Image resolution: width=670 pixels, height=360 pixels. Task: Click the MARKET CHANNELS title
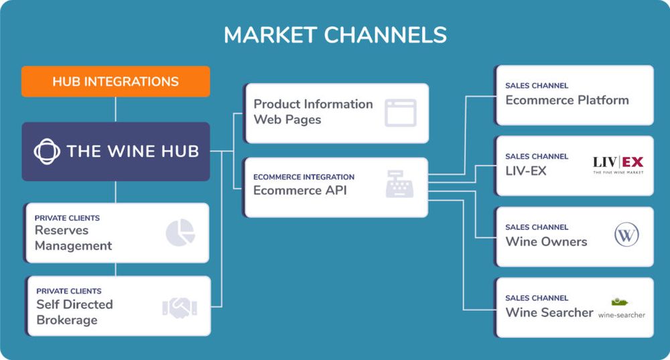click(x=335, y=35)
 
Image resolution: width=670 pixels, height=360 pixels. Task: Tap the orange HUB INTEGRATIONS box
click(x=115, y=82)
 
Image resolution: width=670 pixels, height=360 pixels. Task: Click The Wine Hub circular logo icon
click(x=47, y=151)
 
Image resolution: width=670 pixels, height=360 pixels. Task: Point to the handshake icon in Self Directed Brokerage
click(x=179, y=308)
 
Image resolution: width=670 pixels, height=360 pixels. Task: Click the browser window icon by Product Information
click(x=400, y=113)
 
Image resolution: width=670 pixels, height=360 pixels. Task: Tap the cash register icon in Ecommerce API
click(x=399, y=184)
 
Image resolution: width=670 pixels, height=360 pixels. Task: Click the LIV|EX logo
click(x=618, y=164)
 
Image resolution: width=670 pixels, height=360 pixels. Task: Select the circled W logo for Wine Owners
click(x=626, y=235)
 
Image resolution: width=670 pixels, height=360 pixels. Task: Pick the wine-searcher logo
click(x=621, y=308)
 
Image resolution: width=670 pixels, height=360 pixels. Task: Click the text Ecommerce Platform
click(x=567, y=101)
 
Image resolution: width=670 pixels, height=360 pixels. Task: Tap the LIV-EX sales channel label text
click(x=526, y=171)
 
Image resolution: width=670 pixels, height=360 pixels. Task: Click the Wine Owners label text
click(x=546, y=242)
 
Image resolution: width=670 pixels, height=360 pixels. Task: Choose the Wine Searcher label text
click(x=549, y=312)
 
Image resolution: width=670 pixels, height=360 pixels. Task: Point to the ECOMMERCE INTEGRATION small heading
click(x=304, y=177)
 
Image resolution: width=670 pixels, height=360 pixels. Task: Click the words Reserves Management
click(x=73, y=238)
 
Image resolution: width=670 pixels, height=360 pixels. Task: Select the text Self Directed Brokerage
click(x=74, y=312)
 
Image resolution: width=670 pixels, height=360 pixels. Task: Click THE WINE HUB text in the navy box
click(x=133, y=151)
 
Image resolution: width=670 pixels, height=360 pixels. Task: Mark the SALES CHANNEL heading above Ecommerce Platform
click(x=537, y=86)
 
